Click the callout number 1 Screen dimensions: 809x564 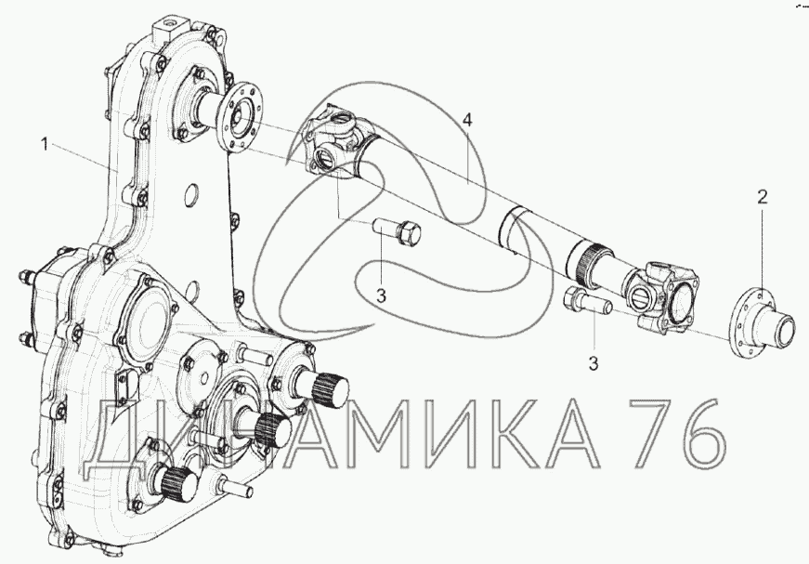pos(45,144)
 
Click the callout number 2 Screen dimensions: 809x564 pos(762,197)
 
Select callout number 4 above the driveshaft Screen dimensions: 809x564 pos(467,120)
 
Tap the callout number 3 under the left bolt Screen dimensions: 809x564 pos(381,296)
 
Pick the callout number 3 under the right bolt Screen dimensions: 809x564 pos(594,363)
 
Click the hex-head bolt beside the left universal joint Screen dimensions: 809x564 pos(397,230)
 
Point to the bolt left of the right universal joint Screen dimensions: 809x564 pos(588,300)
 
